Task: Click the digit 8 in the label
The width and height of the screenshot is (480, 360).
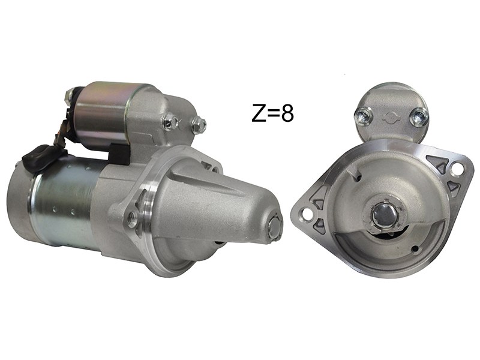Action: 287,113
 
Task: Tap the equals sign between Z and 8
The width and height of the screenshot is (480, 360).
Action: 273,113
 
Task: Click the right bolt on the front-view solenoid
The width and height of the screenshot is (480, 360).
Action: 418,116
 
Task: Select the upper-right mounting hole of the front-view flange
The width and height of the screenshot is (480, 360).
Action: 457,168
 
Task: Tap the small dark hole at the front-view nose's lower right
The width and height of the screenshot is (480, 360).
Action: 415,248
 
